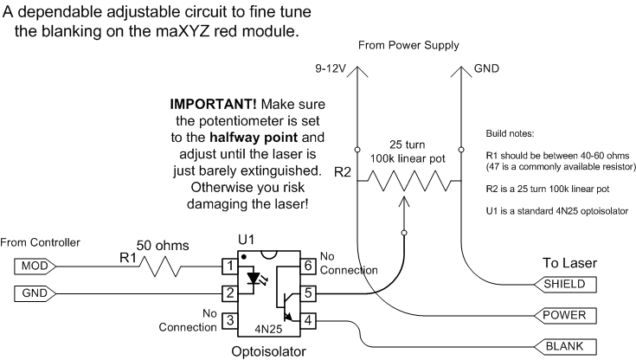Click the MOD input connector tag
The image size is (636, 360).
[x=35, y=267]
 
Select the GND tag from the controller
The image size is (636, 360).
[x=35, y=293]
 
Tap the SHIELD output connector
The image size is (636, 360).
[x=565, y=284]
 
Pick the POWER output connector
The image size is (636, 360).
[x=565, y=315]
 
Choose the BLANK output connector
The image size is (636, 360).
[x=565, y=347]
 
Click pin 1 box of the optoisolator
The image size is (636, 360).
[x=230, y=267]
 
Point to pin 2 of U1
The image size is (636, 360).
[x=230, y=293]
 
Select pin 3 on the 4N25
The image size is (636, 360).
[x=230, y=321]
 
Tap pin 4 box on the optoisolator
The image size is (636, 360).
[x=308, y=321]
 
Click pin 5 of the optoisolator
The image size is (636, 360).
[x=308, y=293]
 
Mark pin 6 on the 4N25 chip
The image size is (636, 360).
[x=308, y=267]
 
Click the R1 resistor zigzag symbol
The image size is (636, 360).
[x=160, y=267]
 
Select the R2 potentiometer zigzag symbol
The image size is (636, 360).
[x=409, y=181]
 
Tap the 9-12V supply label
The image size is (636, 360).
[x=331, y=68]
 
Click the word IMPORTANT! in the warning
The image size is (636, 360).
[x=213, y=105]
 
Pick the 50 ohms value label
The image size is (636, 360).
[x=163, y=246]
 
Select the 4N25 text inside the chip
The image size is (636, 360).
[x=268, y=329]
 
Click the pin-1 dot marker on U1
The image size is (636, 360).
[x=244, y=257]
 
